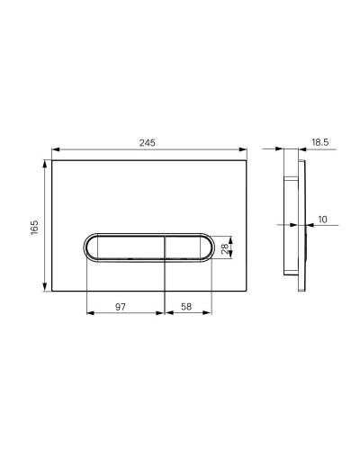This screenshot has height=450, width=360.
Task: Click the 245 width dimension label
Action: click(x=148, y=142)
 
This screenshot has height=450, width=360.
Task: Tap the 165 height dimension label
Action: click(x=35, y=228)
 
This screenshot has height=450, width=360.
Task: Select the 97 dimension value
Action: click(x=121, y=307)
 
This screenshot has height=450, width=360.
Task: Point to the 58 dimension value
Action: click(x=186, y=307)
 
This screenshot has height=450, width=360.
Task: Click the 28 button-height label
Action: click(x=225, y=247)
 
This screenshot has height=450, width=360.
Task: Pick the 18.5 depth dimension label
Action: click(x=320, y=142)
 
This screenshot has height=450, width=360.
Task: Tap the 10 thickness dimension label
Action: click(x=322, y=220)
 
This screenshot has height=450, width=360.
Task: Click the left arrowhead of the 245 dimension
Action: click(x=56, y=149)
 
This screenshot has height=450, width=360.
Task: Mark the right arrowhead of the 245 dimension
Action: click(x=243, y=149)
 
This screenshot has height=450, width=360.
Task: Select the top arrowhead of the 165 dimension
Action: click(x=45, y=165)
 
